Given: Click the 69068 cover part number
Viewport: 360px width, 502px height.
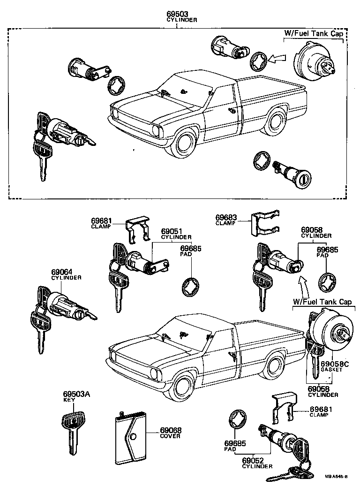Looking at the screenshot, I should pyautogui.click(x=171, y=430).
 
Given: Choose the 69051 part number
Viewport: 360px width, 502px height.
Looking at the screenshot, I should pyautogui.click(x=171, y=231).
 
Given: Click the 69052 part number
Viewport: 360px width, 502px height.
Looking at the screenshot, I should pyautogui.click(x=257, y=461).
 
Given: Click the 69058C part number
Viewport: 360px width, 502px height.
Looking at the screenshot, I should pyautogui.click(x=335, y=364).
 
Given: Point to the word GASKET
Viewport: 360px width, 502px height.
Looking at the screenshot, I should pyautogui.click(x=331, y=370).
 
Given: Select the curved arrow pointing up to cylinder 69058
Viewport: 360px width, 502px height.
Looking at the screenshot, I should pyautogui.click(x=302, y=284).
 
